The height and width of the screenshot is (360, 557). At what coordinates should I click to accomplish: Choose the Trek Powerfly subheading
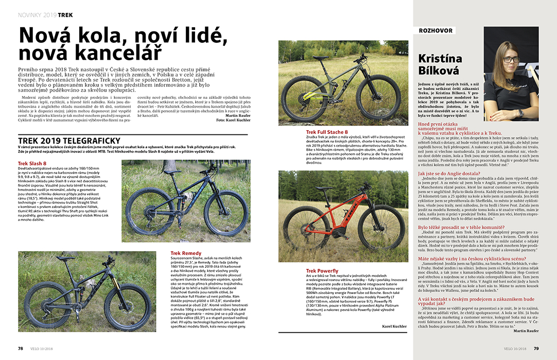coord(322,271)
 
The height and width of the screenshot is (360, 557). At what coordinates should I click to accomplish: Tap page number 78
coord(21,348)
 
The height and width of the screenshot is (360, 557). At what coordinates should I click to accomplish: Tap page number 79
coord(536,348)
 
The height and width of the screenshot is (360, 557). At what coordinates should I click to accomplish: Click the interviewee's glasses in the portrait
coord(509,59)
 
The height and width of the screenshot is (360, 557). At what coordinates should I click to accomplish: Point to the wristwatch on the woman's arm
coord(520,112)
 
